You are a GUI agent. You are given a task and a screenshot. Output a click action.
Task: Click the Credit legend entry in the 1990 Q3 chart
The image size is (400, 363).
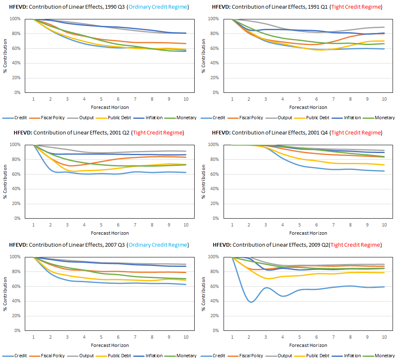click(x=21, y=118)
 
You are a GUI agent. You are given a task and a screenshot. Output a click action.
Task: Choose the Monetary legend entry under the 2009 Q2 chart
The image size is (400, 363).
click(x=384, y=356)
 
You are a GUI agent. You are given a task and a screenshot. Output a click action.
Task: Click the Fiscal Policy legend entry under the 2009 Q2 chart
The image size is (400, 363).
click(x=251, y=356)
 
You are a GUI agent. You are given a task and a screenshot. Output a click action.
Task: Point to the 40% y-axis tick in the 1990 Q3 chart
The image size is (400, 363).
click(x=15, y=63)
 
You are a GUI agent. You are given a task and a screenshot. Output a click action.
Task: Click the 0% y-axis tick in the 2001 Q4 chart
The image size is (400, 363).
click(x=215, y=219)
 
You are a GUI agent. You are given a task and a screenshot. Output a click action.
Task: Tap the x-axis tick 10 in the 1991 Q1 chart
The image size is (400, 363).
click(x=384, y=99)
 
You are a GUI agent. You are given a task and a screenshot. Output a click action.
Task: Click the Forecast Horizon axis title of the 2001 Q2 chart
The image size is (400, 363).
click(x=110, y=233)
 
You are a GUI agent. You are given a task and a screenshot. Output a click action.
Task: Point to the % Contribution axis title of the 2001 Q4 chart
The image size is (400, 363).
click(x=204, y=181)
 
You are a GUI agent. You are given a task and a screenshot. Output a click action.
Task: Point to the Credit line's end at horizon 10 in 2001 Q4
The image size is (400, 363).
click(x=384, y=171)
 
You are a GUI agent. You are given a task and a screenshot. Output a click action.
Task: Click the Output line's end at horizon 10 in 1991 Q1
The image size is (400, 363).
click(x=384, y=27)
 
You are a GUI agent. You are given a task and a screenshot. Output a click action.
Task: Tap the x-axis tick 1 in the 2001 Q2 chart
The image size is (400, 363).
click(x=33, y=225)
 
